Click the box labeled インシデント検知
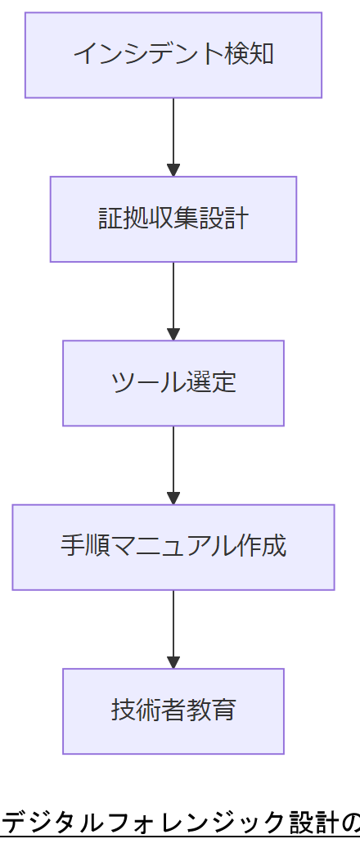pyautogui.click(x=173, y=55)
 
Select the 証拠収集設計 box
pyautogui.click(x=173, y=219)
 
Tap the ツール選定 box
pyautogui.click(x=173, y=383)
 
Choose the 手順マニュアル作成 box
pyautogui.click(x=173, y=547)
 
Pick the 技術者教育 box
pyautogui.click(x=173, y=710)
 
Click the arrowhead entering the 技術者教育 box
pyautogui.click(x=173, y=662)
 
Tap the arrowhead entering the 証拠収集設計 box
pyautogui.click(x=173, y=170)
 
